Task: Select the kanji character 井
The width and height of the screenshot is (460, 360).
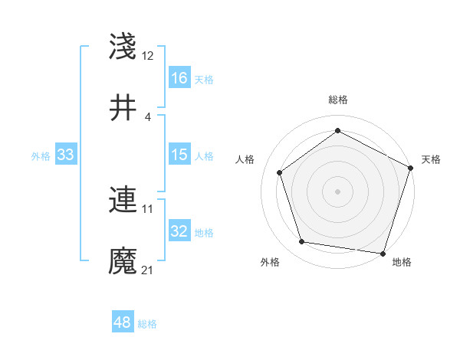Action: pyautogui.click(x=123, y=108)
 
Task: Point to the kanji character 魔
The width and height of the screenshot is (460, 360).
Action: pyautogui.click(x=123, y=261)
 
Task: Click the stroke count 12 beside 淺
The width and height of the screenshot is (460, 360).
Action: pyautogui.click(x=148, y=56)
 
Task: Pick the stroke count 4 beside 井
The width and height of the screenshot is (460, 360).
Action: pyautogui.click(x=147, y=116)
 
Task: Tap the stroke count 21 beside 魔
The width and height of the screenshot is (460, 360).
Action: pyautogui.click(x=148, y=270)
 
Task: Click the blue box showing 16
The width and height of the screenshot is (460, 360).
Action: pyautogui.click(x=179, y=78)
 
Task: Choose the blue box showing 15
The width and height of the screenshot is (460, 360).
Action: pyautogui.click(x=179, y=155)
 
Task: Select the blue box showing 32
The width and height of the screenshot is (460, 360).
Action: pyautogui.click(x=179, y=231)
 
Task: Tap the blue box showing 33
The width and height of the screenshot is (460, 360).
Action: pyautogui.click(x=66, y=155)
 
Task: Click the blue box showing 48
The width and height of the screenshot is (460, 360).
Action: pyautogui.click(x=123, y=322)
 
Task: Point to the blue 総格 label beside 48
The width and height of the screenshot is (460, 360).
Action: pyautogui.click(x=148, y=324)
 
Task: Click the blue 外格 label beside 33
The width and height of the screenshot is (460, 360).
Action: pyautogui.click(x=41, y=156)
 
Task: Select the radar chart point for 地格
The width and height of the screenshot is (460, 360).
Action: pyautogui.click(x=383, y=253)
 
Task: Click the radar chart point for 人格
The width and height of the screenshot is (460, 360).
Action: pyautogui.click(x=280, y=172)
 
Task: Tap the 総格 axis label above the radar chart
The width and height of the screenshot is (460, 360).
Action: pyautogui.click(x=337, y=100)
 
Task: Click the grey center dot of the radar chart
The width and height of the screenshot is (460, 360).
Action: pyautogui.click(x=337, y=191)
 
